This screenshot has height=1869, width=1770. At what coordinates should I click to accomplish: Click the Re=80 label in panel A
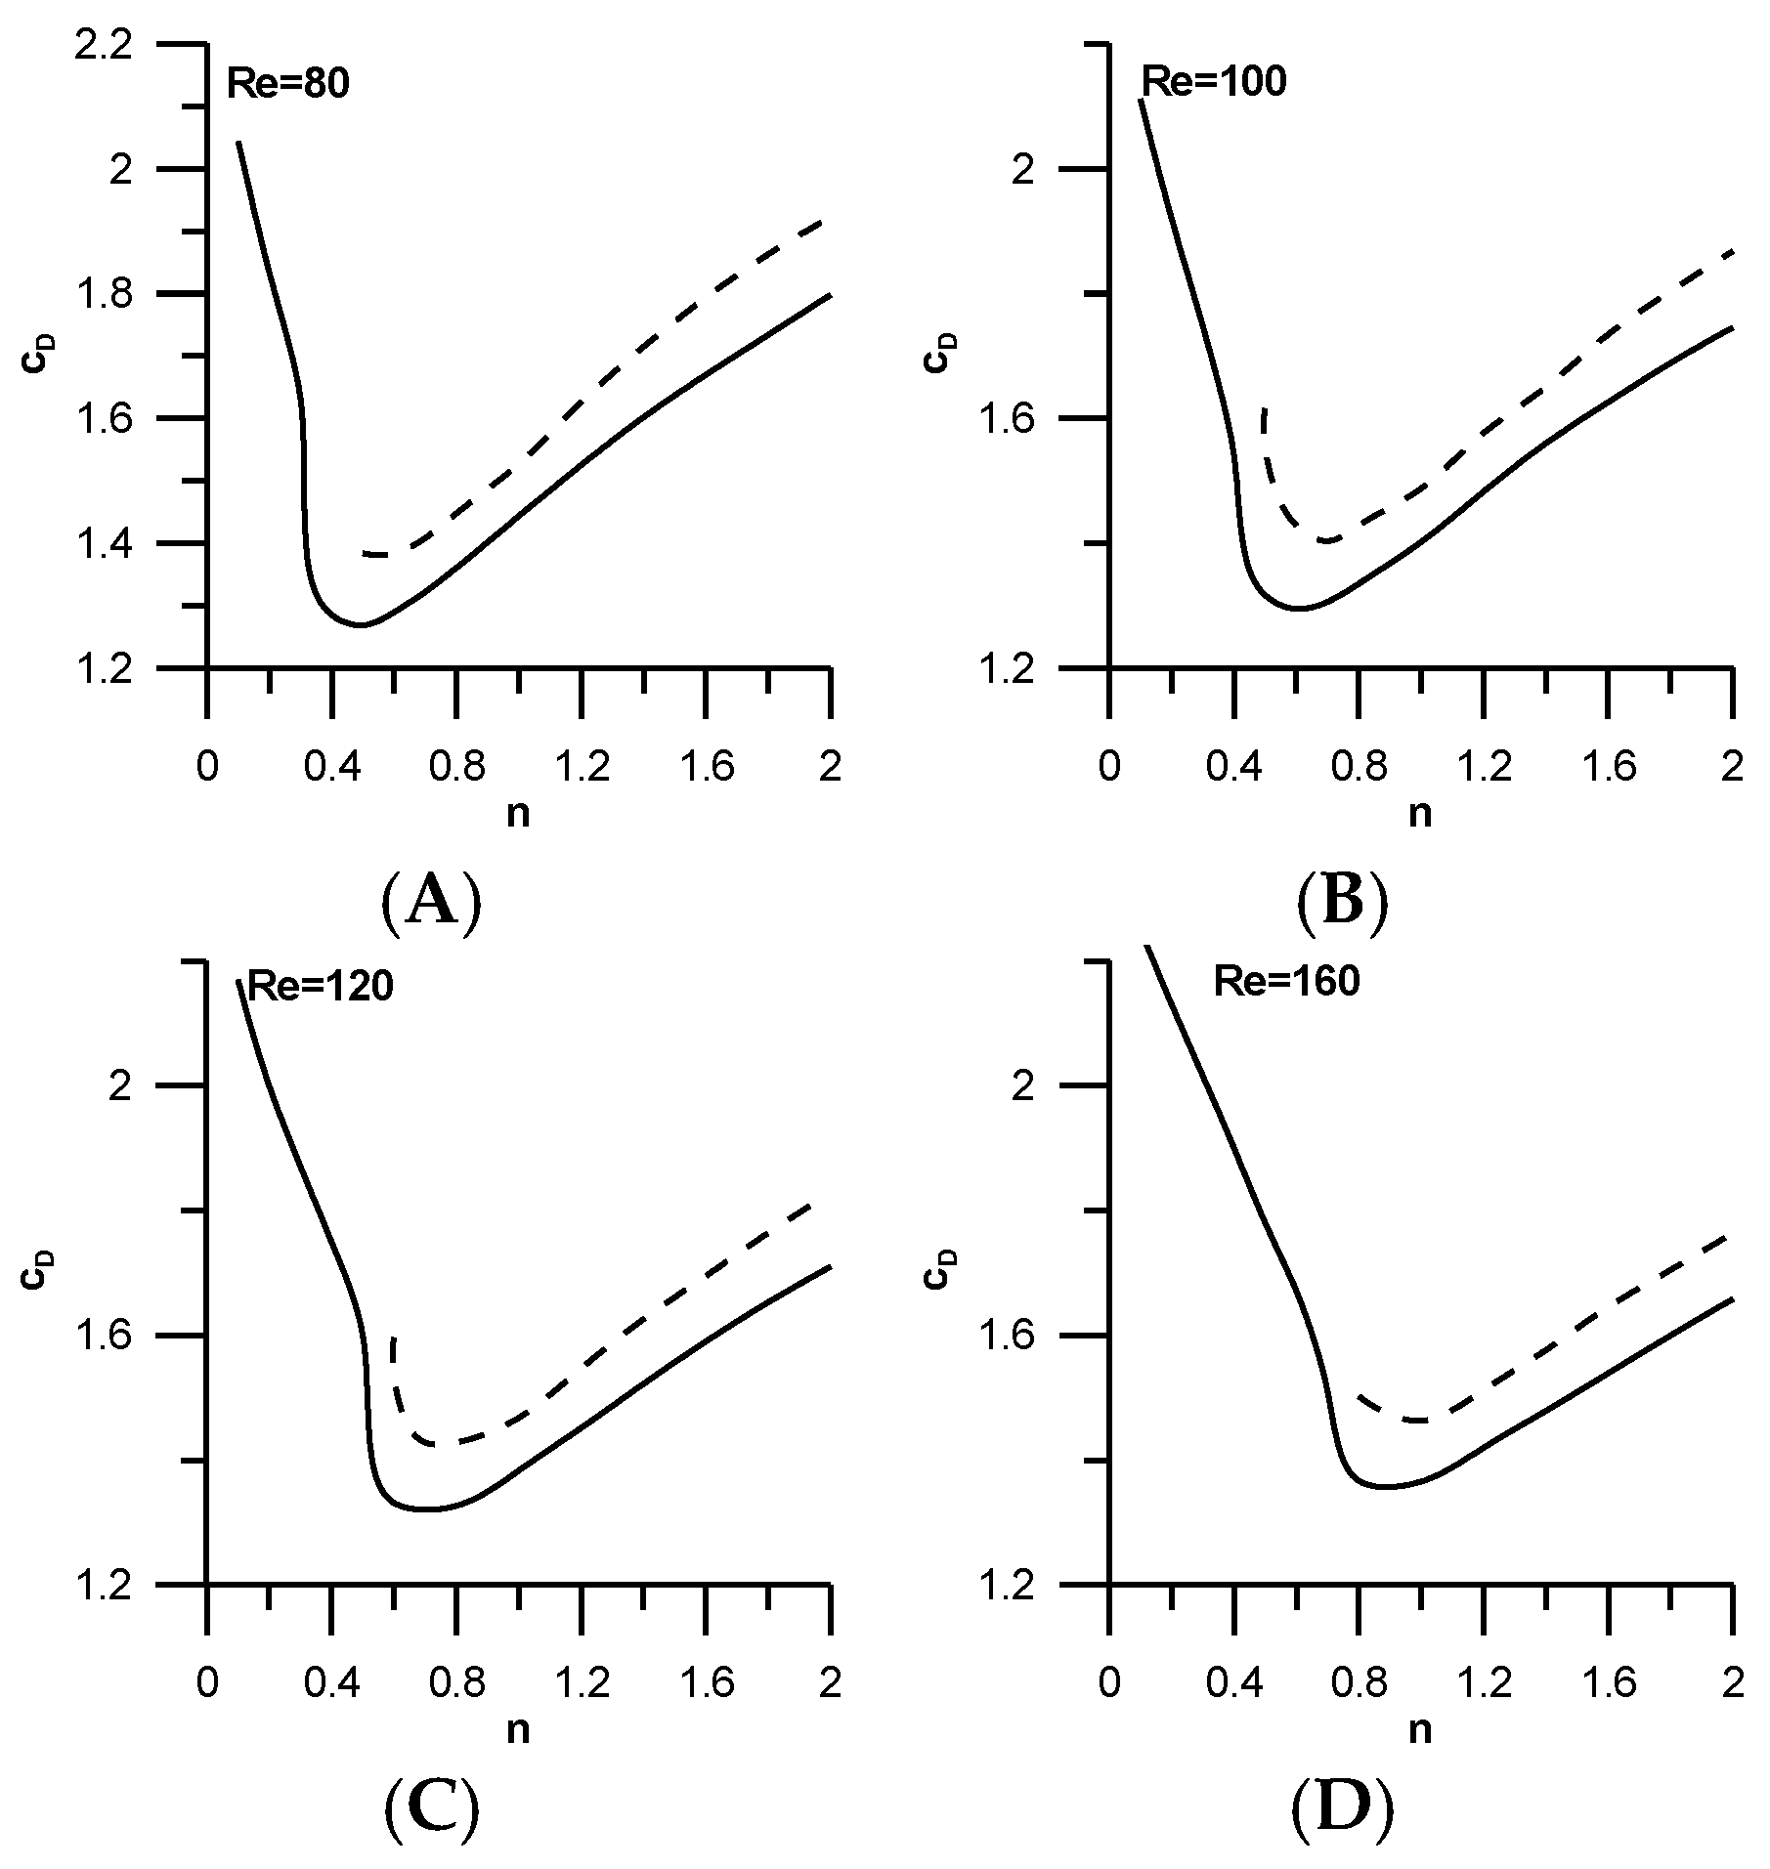pos(288,84)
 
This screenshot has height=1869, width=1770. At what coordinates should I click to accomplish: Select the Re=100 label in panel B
pos(1214,82)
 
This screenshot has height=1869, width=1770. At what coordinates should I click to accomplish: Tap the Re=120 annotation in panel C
pos(320,986)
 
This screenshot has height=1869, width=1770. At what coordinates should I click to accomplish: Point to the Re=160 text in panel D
pos(1286,982)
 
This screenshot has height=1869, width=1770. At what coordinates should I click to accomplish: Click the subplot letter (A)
pos(431,902)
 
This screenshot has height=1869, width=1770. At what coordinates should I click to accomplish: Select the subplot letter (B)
pos(1342,902)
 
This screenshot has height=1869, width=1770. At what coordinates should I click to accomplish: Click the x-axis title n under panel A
pos(518,814)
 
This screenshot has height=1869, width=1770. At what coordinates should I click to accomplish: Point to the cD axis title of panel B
pos(940,354)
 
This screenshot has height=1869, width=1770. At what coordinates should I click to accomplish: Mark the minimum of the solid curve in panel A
pos(362,624)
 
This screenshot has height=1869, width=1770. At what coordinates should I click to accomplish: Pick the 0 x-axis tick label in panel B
pos(1108,768)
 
